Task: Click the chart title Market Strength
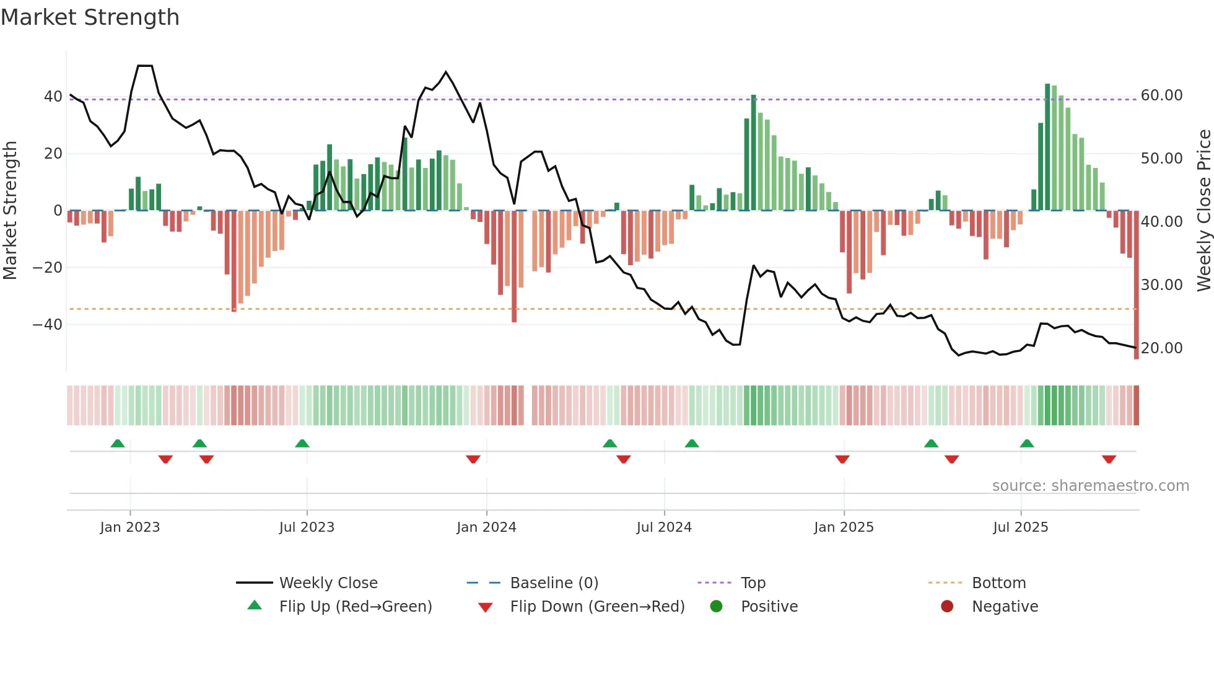point(90,17)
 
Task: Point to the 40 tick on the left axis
point(53,97)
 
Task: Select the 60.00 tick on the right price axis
point(1161,95)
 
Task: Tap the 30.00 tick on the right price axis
point(1161,285)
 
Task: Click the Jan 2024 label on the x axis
point(486,527)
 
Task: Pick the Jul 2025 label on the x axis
point(1020,527)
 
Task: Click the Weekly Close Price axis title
point(1203,211)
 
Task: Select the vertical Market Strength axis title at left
point(10,211)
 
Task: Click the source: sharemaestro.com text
point(1090,486)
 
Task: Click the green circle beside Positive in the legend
point(716,607)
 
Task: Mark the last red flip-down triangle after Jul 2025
point(1109,459)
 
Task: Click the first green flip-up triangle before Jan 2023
point(118,443)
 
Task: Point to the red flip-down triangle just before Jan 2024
point(473,459)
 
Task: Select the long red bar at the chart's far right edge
point(1136,285)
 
